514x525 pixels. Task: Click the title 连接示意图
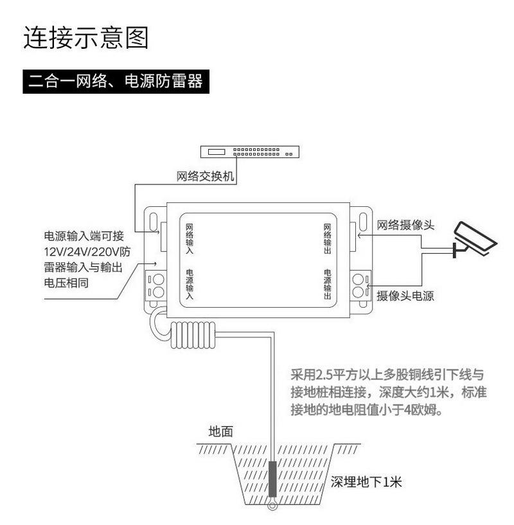[x=86, y=38]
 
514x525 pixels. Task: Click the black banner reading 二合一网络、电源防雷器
[x=116, y=82]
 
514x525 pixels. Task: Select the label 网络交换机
[x=206, y=176]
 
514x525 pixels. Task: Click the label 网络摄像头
[x=405, y=225]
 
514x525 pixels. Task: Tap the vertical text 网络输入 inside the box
[x=189, y=238]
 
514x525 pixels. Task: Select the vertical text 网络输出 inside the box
[x=327, y=238]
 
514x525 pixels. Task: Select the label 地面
[x=220, y=432]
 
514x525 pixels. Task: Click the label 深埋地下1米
[x=366, y=482]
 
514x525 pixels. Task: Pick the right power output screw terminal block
[x=359, y=285]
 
